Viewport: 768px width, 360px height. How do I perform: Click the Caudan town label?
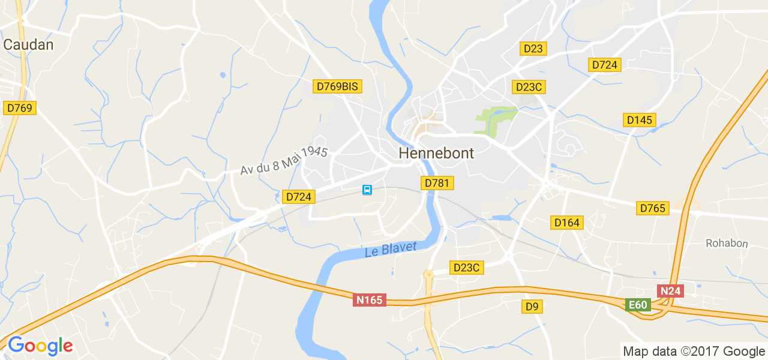(x=28, y=44)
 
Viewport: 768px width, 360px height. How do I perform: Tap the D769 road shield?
(x=20, y=108)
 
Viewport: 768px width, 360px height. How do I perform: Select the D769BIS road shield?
(x=337, y=86)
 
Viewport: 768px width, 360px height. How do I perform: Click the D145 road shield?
(x=639, y=120)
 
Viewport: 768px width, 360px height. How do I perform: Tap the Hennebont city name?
(x=436, y=154)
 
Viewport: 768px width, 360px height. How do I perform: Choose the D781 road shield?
(x=436, y=183)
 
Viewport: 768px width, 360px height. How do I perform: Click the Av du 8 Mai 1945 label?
(x=284, y=161)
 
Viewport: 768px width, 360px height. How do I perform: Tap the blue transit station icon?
(x=367, y=190)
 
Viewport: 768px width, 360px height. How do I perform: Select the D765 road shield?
(x=652, y=208)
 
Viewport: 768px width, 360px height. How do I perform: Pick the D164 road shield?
(x=567, y=223)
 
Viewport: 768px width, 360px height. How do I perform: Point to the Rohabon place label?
(x=727, y=243)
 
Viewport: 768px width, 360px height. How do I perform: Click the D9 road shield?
(x=532, y=307)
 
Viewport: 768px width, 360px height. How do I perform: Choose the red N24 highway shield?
(x=670, y=291)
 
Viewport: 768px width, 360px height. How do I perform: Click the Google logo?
(x=40, y=346)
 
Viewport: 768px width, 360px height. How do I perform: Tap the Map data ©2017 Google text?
(x=694, y=352)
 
